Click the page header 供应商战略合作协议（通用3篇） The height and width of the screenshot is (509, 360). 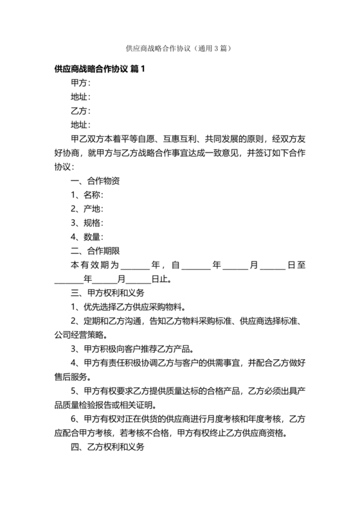click(x=179, y=48)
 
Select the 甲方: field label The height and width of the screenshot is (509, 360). click(x=80, y=83)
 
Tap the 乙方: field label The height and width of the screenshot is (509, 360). click(x=80, y=111)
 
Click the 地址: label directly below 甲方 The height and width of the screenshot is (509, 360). click(x=80, y=97)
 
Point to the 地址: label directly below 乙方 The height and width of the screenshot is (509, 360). click(x=80, y=125)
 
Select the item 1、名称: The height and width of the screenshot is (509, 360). click(x=87, y=195)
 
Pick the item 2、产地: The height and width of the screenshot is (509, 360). click(x=87, y=208)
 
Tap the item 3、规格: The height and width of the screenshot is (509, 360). click(x=87, y=222)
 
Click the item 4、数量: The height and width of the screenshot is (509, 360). click(x=87, y=237)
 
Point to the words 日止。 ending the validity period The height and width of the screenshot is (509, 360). click(x=161, y=280)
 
